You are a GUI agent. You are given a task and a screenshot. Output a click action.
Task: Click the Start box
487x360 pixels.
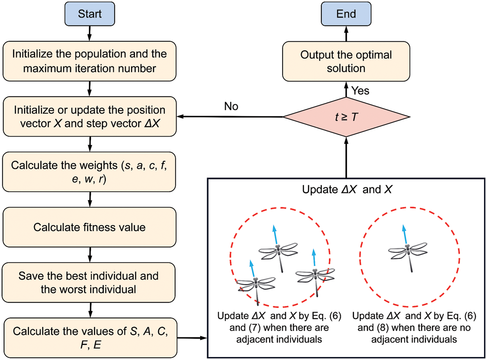[x=90, y=14]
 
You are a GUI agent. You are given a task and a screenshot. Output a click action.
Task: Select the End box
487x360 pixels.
[x=346, y=14]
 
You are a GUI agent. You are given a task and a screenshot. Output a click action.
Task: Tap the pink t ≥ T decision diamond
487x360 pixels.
[x=346, y=116]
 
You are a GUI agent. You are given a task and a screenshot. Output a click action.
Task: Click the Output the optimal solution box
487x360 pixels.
[x=346, y=62]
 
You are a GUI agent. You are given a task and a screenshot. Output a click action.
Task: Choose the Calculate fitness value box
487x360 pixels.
[x=90, y=227]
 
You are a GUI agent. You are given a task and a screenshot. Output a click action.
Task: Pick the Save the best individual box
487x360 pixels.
[x=90, y=282]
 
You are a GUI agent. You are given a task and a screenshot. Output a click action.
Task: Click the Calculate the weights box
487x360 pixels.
[x=90, y=171]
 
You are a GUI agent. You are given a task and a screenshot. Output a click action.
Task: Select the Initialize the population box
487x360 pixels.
[x=90, y=62]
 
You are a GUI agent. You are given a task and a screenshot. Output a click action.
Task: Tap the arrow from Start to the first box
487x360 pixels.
[x=90, y=33]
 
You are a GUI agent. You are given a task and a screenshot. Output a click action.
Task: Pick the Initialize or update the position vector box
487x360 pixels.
[x=90, y=116]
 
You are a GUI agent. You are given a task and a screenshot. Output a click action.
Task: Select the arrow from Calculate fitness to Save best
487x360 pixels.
[x=90, y=254]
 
